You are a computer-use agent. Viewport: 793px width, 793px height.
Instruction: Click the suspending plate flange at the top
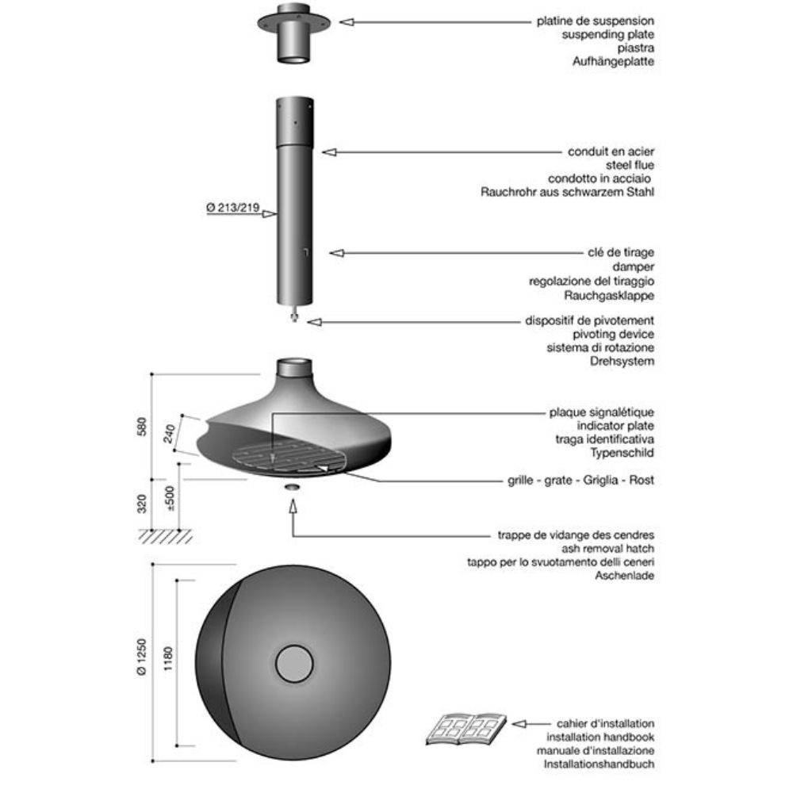click(294, 21)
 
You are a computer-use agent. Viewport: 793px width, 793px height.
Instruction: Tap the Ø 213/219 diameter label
click(233, 207)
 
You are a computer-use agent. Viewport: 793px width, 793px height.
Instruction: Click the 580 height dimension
click(142, 427)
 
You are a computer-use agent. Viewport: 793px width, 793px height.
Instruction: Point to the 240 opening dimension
click(170, 434)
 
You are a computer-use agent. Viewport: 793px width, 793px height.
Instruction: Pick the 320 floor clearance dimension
click(142, 504)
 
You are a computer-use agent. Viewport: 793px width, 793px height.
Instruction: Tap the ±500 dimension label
click(170, 499)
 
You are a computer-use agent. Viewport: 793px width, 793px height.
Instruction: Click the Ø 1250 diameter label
click(142, 657)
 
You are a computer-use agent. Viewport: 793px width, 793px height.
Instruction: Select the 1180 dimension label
click(168, 658)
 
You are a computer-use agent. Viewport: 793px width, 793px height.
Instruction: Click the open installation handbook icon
click(465, 729)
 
